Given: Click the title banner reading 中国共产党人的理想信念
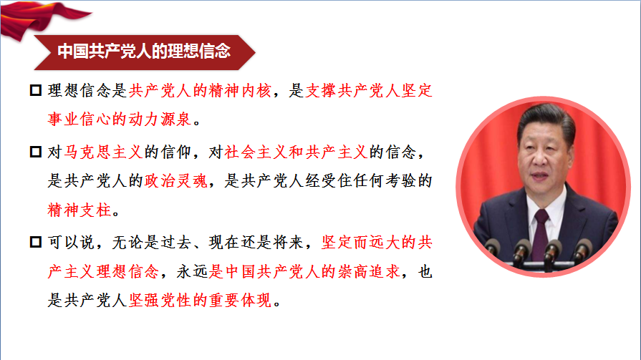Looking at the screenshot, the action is [145, 52].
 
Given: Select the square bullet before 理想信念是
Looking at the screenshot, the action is [36, 90].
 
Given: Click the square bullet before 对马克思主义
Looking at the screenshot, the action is [36, 152].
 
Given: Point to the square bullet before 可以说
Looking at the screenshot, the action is [36, 242].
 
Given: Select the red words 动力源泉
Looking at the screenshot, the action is [160, 120].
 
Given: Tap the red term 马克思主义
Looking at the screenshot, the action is [103, 152].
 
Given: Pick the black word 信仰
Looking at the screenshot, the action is [176, 152].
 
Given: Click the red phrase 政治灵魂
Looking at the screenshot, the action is [176, 180].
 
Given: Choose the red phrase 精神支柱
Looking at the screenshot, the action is [79, 210].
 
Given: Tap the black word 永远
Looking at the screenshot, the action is [192, 271].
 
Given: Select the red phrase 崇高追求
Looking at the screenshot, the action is [369, 271].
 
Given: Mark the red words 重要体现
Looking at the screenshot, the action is [241, 301].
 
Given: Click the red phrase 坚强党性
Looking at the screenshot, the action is [160, 301].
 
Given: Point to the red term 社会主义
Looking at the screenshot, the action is [256, 152].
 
